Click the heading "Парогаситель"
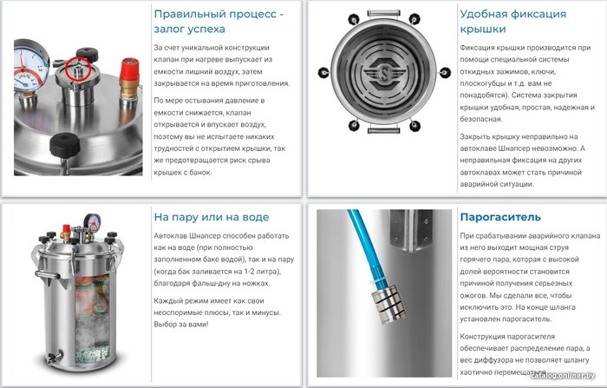point(500,217)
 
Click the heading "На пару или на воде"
point(212,217)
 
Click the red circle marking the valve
point(78,69)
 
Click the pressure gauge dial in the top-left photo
point(29,66)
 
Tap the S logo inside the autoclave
point(383,74)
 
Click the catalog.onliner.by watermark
point(562,375)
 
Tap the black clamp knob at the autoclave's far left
point(323,73)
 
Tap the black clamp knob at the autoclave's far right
point(445,73)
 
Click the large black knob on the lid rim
point(64,143)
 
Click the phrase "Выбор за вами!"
point(181,324)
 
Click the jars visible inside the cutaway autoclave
point(92,318)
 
